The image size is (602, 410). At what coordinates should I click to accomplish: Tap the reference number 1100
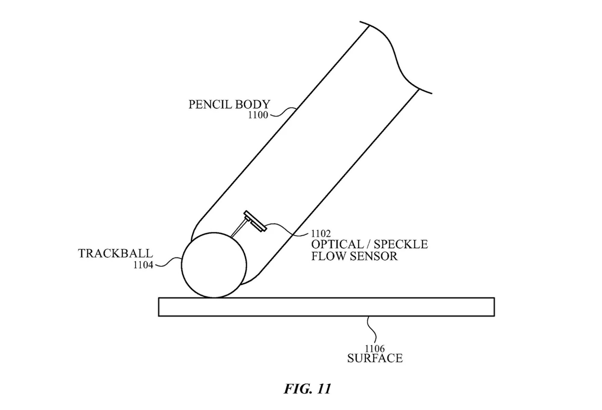tap(258, 115)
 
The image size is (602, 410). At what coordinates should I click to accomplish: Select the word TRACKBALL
tap(115, 254)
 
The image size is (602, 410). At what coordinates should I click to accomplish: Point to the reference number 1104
tap(143, 265)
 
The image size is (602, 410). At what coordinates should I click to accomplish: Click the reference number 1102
tap(320, 234)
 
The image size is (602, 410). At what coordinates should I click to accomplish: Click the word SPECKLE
tap(400, 245)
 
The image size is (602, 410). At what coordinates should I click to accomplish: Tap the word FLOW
tap(328, 256)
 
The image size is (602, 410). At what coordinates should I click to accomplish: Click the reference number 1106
tap(375, 349)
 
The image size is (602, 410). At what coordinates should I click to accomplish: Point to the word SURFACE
tap(375, 358)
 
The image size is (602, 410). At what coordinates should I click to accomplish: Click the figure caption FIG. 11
tap(307, 389)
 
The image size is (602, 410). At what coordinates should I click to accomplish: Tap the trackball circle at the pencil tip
tap(214, 265)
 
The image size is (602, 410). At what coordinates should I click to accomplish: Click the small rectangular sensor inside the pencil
tap(255, 221)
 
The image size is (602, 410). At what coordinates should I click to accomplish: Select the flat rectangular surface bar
tap(326, 307)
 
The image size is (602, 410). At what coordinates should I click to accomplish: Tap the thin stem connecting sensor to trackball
tap(238, 229)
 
